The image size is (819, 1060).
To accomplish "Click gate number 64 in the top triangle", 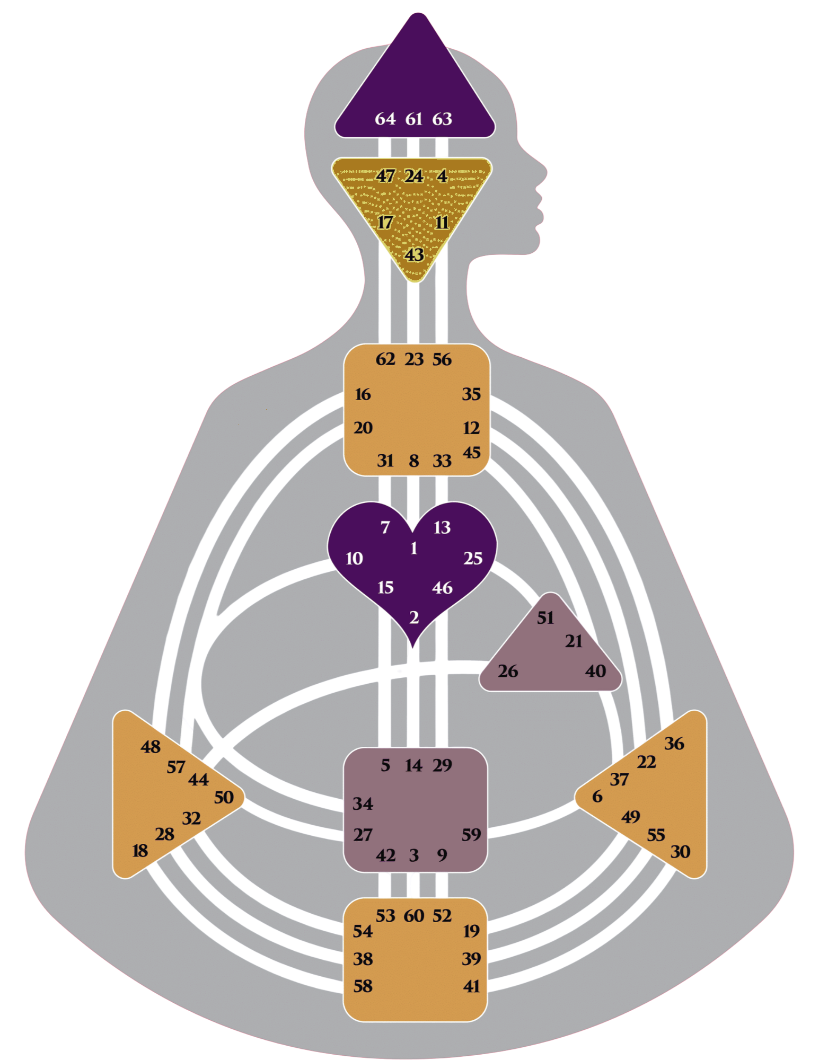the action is (385, 119).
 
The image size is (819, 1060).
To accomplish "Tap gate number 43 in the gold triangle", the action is (414, 255).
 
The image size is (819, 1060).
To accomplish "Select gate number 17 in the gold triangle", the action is (385, 222).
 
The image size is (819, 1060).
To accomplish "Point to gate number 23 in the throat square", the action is (414, 359).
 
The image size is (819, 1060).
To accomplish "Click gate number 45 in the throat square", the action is (471, 453).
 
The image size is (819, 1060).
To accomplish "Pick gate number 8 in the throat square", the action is (414, 461).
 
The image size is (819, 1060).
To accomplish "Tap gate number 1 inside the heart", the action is (414, 548).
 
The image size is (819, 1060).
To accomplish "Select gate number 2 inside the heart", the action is (414, 617).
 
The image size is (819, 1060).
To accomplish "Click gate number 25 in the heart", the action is (473, 558).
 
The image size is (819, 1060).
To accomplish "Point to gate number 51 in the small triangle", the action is (545, 617).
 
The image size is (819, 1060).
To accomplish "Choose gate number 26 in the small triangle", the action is (507, 671).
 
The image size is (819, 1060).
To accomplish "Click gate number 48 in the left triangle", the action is (151, 747).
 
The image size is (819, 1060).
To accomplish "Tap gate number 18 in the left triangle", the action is (140, 851).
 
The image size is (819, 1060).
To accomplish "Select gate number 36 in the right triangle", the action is (674, 744).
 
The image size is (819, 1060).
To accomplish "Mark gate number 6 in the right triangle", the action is (597, 796).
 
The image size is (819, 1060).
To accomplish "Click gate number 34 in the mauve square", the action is (363, 803).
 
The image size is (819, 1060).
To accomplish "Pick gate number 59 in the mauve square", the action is (471, 835).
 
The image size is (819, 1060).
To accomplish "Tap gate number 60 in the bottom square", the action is (414, 916).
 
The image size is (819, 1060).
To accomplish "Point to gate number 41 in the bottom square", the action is (471, 986).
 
